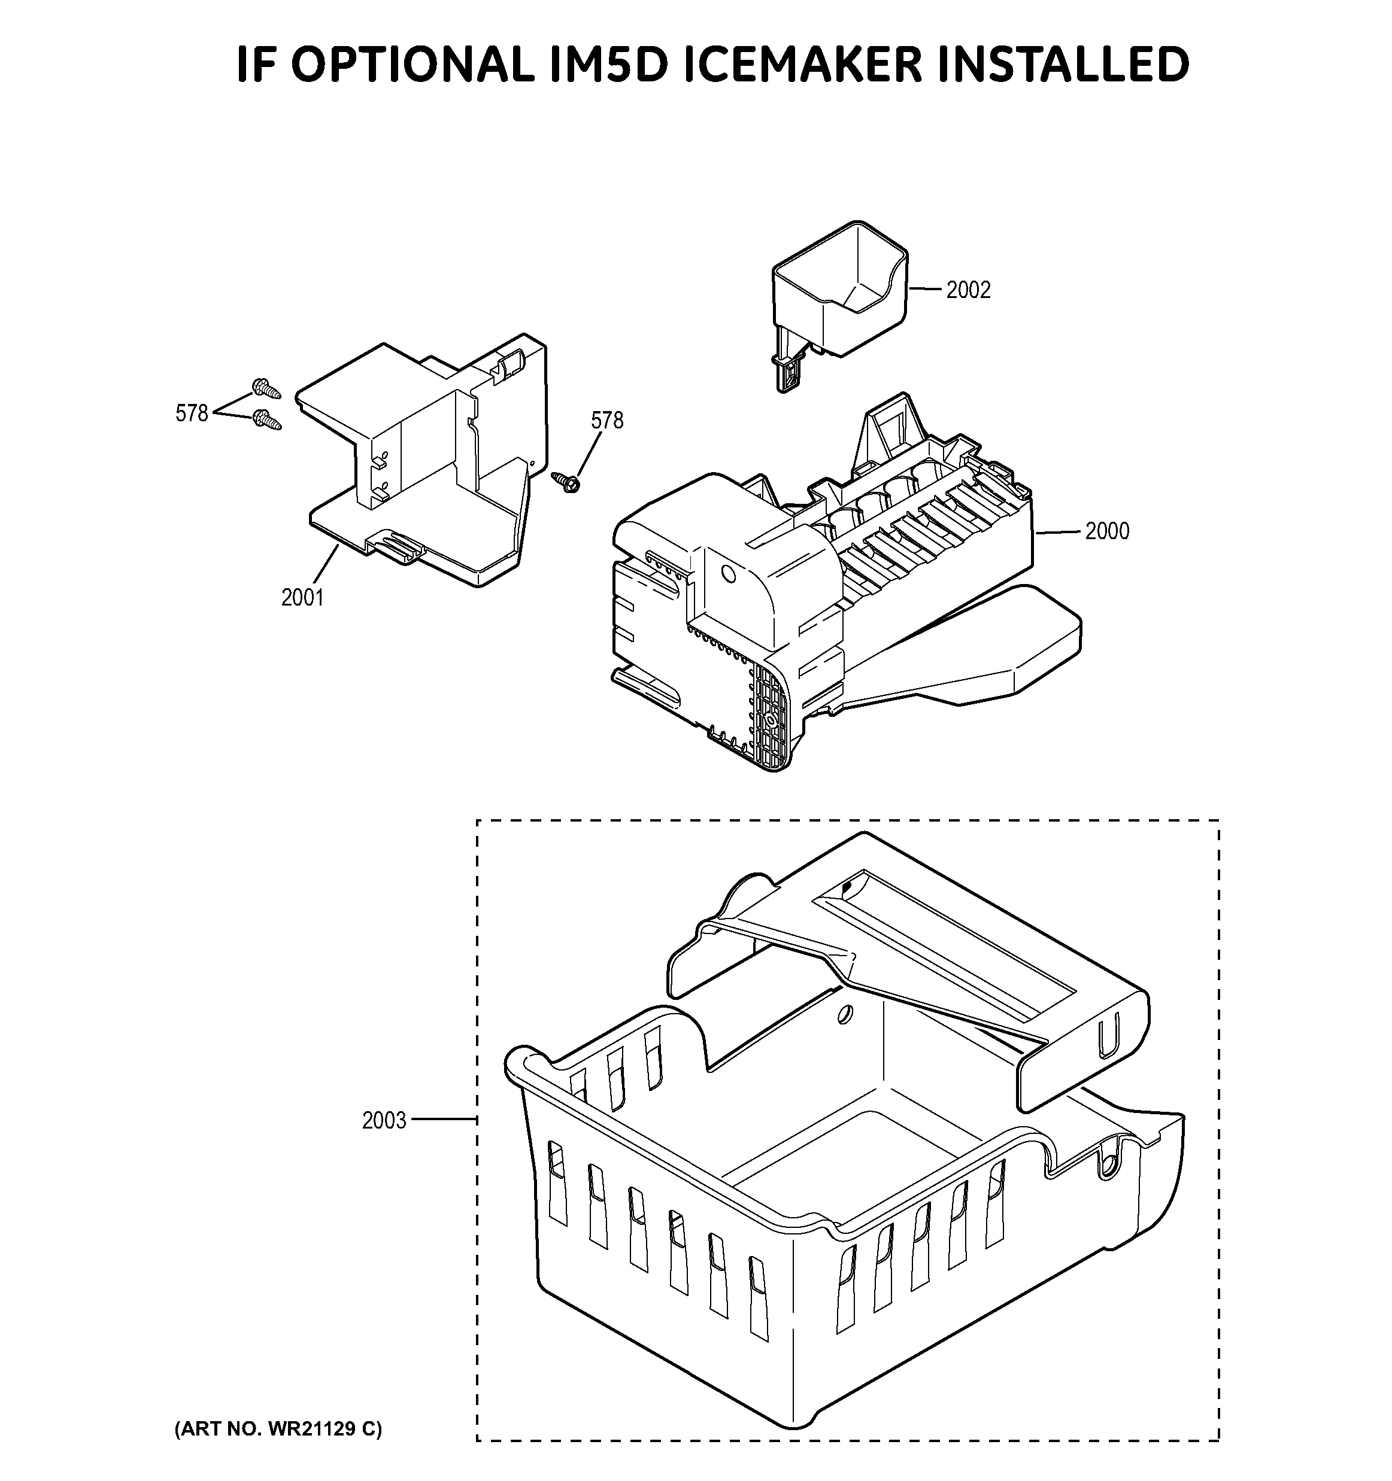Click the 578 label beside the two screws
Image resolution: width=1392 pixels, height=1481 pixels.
click(x=192, y=413)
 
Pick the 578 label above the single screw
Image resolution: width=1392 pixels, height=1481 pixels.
click(x=606, y=420)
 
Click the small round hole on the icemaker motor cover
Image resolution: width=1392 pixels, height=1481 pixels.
click(x=729, y=575)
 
